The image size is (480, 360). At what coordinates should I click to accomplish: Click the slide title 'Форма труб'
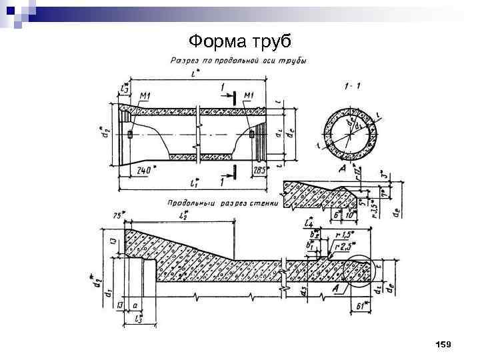pos(240,41)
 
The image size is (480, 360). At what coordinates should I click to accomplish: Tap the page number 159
pos(443,344)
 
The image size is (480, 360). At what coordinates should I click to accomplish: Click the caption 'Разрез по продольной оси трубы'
pos(239,61)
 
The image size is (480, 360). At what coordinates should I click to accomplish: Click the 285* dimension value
pos(260,170)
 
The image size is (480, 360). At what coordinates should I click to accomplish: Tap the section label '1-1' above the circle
pos(353,85)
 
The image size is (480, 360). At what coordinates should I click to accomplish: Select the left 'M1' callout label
pos(145,96)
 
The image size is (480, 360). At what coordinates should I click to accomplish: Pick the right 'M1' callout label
pos(249,96)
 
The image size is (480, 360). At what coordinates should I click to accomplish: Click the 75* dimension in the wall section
pos(118,215)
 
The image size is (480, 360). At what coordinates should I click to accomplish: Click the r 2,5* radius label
pos(346,246)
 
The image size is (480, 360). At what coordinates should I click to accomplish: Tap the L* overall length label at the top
pos(194,75)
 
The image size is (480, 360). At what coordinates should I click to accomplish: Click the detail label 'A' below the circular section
pos(342,171)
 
